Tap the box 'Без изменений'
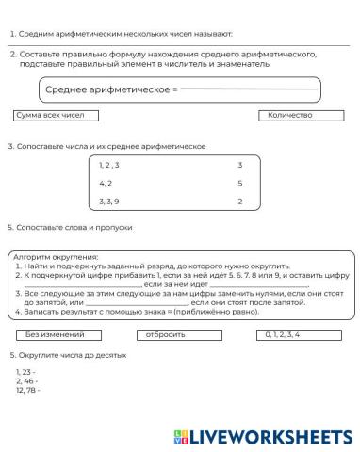(x=56, y=333)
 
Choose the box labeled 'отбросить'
(x=179, y=333)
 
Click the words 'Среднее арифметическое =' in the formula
(x=111, y=89)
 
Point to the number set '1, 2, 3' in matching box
(x=109, y=165)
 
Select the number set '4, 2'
(x=106, y=183)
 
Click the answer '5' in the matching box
(x=240, y=183)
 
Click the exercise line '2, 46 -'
(x=26, y=380)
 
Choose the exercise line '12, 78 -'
(x=28, y=389)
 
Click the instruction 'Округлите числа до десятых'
(x=71, y=355)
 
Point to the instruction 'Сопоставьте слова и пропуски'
(x=74, y=227)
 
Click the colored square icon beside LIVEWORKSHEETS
(x=181, y=435)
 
